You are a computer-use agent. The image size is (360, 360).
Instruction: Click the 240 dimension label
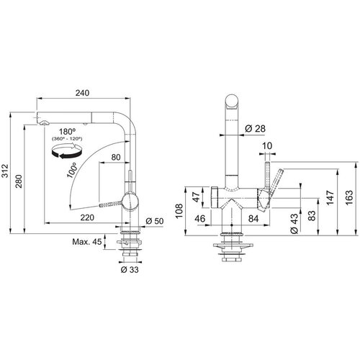pyautogui.click(x=82, y=93)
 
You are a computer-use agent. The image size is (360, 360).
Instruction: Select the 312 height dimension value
pyautogui.click(x=5, y=171)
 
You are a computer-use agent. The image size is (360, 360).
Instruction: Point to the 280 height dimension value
pyautogui.click(x=19, y=181)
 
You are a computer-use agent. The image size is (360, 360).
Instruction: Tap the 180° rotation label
pyautogui.click(x=67, y=132)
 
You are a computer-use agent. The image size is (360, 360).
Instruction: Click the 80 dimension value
pyautogui.click(x=116, y=158)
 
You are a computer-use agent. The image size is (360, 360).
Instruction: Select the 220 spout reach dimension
pyautogui.click(x=87, y=217)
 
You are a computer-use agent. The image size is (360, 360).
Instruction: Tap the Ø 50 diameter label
pyautogui.click(x=155, y=221)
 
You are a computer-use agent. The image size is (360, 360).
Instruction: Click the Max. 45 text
pyautogui.click(x=87, y=242)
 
